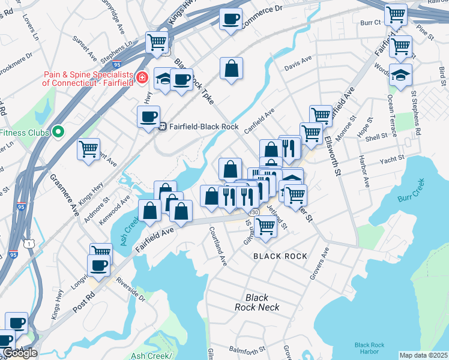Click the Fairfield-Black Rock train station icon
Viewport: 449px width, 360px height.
[x=163, y=127]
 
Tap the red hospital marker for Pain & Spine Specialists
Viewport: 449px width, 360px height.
[x=142, y=78]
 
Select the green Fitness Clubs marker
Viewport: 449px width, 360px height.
[x=58, y=131]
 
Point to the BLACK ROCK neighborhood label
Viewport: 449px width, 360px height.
[x=280, y=256]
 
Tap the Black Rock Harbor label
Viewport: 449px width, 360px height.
[x=369, y=348]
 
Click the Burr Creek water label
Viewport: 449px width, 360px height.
[x=411, y=193]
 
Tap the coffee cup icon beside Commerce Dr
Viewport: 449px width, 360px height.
[x=231, y=19]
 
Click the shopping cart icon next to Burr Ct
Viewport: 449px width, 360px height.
[x=396, y=14]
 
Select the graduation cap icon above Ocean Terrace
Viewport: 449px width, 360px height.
[x=400, y=75]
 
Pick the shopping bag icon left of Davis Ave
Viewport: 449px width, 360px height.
[x=231, y=69]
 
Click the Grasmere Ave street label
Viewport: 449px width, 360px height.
[x=64, y=194]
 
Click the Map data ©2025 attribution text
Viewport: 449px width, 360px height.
[x=423, y=355]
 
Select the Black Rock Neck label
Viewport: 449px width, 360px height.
[x=257, y=302]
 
